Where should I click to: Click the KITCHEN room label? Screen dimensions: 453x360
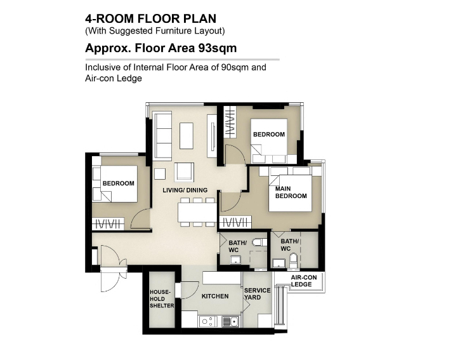point(215,296)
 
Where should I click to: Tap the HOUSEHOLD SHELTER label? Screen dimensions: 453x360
point(162,298)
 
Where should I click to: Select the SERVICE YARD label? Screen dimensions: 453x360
point(257,294)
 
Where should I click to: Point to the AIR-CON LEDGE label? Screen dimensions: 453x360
point(304,281)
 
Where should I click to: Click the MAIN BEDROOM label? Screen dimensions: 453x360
point(291,192)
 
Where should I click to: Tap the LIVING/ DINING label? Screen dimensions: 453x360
point(185,190)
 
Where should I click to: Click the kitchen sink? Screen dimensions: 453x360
point(230,321)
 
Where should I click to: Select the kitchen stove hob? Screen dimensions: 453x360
point(207,321)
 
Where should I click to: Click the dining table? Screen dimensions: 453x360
point(197,212)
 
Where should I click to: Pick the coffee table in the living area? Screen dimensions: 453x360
point(187,136)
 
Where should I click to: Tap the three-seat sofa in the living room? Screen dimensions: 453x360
point(162,137)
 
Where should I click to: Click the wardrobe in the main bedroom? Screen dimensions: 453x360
point(235,222)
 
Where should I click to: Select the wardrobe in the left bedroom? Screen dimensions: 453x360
point(108,224)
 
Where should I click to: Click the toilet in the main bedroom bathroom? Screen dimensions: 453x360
point(293,261)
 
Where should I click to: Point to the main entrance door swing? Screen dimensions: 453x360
point(114,256)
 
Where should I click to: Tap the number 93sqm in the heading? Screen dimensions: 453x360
point(217,48)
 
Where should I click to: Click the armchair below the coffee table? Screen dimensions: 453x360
point(184,172)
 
